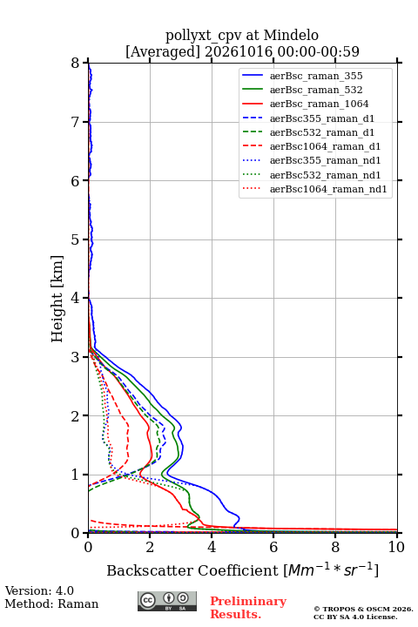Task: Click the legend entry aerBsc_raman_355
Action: (316, 76)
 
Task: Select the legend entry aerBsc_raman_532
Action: (316, 90)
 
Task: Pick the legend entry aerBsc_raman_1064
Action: (320, 104)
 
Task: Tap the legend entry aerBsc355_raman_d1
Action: (322, 118)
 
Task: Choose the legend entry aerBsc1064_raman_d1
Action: (325, 146)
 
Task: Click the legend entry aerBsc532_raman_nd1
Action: (325, 175)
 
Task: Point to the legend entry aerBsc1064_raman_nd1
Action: (328, 189)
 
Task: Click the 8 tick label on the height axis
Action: (76, 64)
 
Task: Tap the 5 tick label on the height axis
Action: (76, 240)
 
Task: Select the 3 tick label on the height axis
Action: (76, 357)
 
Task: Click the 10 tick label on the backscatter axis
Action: (396, 547)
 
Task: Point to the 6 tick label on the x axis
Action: (273, 547)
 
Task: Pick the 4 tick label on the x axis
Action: (212, 547)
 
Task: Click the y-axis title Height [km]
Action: (57, 299)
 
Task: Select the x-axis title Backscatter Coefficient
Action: (192, 570)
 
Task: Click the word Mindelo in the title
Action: (291, 36)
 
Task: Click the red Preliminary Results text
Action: (248, 608)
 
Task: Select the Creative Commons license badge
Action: (167, 601)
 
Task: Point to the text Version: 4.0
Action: (39, 591)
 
